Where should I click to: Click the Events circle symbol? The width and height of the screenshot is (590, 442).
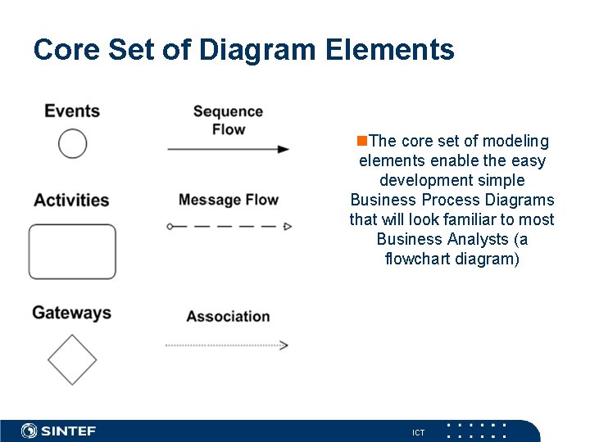pyautogui.click(x=73, y=144)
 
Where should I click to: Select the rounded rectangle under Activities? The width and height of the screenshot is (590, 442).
pyautogui.click(x=72, y=251)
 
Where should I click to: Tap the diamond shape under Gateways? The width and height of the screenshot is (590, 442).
pyautogui.click(x=72, y=359)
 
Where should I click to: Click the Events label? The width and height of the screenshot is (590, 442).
pyautogui.click(x=72, y=110)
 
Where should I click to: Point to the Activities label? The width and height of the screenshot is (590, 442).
pyautogui.click(x=71, y=200)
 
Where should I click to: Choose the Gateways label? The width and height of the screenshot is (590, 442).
pyautogui.click(x=71, y=313)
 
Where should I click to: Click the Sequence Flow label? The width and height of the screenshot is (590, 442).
pyautogui.click(x=228, y=120)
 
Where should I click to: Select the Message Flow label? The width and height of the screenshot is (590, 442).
pyautogui.click(x=228, y=200)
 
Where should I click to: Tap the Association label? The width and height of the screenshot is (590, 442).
pyautogui.click(x=228, y=316)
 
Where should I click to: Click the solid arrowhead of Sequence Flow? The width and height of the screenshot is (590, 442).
pyautogui.click(x=284, y=149)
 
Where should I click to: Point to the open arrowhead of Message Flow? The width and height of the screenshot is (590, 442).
pyautogui.click(x=288, y=226)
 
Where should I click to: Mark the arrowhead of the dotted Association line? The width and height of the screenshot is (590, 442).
pyautogui.click(x=284, y=345)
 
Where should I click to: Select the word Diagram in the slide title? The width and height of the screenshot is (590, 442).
pyautogui.click(x=257, y=50)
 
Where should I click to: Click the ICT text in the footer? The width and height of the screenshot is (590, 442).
pyautogui.click(x=418, y=432)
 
